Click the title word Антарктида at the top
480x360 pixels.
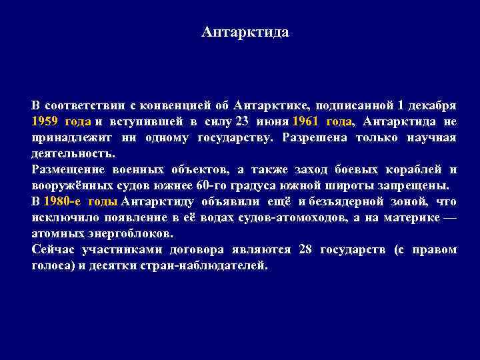click(x=245, y=32)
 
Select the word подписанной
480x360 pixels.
click(x=355, y=105)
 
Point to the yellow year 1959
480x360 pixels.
click(x=45, y=121)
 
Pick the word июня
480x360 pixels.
click(x=271, y=121)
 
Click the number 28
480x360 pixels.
click(x=306, y=249)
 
